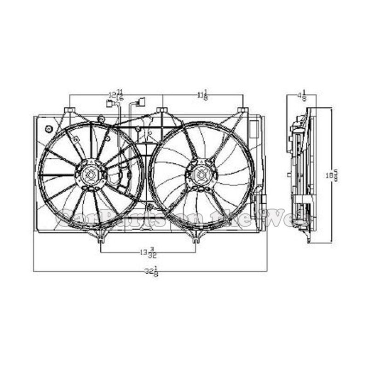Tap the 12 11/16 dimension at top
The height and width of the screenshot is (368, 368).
coord(115,95)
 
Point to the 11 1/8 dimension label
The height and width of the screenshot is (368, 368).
coord(202,95)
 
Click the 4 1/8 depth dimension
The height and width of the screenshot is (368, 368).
coord(302,96)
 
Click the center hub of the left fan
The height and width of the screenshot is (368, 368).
coord(91,174)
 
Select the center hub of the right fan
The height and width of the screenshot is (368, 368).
coord(201,174)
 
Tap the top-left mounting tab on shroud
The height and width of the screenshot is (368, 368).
coord(69,110)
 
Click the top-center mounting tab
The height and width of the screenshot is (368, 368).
coord(162,110)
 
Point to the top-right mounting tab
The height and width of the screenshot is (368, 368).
coord(243,110)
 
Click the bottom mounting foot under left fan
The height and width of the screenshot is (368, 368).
coord(101,239)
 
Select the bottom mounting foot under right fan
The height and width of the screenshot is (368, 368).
coord(195,239)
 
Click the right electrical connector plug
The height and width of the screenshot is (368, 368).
coord(141,102)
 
